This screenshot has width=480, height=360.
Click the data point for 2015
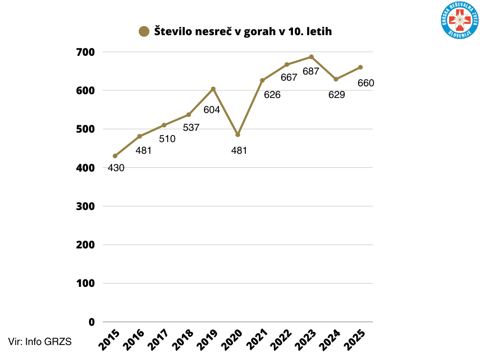click(x=115, y=156)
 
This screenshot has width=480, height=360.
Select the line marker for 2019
click(x=213, y=89)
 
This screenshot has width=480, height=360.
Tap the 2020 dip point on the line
click(x=238, y=135)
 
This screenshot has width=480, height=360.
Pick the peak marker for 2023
click(x=311, y=57)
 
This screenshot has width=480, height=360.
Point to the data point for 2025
click(x=360, y=67)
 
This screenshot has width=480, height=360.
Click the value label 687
click(x=311, y=72)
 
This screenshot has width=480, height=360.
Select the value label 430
click(x=116, y=168)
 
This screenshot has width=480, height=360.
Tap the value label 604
click(x=211, y=110)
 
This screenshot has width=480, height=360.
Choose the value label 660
click(x=366, y=83)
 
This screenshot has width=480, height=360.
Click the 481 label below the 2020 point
click(x=239, y=150)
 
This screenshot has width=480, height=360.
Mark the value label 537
click(x=191, y=127)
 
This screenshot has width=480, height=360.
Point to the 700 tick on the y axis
click(x=85, y=52)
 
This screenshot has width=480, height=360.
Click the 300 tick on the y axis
click(x=85, y=206)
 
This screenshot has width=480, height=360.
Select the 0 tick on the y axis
click(x=91, y=322)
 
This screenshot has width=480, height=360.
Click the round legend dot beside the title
click(x=144, y=31)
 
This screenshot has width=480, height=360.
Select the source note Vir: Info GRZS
click(x=40, y=342)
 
